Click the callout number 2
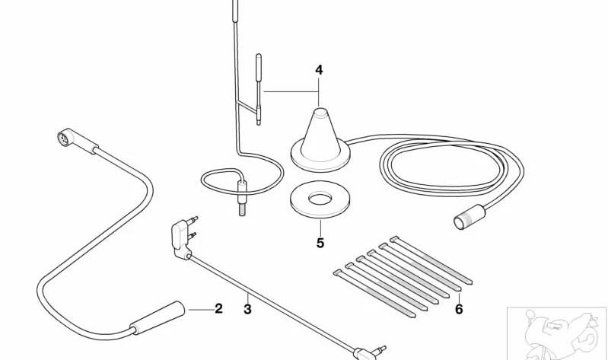[218, 309]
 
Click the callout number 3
[247, 310]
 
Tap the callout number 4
[319, 70]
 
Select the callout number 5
[320, 244]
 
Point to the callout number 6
[459, 309]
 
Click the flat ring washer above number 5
[320, 208]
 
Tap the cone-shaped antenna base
[320, 141]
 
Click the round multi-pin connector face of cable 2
[63, 138]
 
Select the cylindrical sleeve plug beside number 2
[158, 317]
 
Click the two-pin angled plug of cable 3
[181, 237]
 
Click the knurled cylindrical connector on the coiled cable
[470, 217]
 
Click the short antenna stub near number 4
[259, 89]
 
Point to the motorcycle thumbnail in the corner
[557, 333]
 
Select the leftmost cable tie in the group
[374, 294]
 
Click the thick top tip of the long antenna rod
[235, 11]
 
